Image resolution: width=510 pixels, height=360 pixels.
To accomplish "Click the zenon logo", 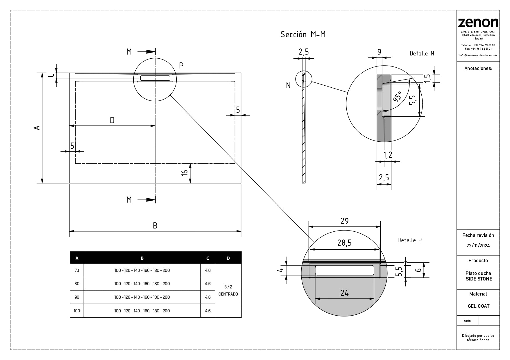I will point(478,23).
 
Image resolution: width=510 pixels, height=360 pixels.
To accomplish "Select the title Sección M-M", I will point(303,34).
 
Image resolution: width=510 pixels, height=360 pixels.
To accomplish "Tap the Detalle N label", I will point(422,53).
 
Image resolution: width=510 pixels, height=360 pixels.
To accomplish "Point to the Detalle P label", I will point(409,240).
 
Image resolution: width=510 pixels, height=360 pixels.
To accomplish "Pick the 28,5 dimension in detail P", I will point(344,243).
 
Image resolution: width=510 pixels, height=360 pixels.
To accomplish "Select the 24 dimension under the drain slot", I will point(344,293).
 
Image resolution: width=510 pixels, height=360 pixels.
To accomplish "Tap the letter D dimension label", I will point(112,120).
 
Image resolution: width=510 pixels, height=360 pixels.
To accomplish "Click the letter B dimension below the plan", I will point(155,226).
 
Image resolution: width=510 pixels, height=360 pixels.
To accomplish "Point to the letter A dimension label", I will point(37,128).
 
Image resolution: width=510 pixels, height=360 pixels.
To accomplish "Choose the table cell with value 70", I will point(77,270).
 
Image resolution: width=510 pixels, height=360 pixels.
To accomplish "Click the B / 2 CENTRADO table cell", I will point(228,290).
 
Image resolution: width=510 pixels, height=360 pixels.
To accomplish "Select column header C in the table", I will point(207,258).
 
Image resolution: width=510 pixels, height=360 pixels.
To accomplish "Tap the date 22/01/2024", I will point(478,246).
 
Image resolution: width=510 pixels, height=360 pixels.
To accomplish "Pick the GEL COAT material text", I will point(478,306).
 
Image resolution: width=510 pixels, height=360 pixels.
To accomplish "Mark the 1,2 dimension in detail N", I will point(388,155).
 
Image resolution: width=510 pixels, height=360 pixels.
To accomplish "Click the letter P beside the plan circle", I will point(181,66).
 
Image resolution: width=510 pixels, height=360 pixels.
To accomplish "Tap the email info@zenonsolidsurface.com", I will point(478,55).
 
